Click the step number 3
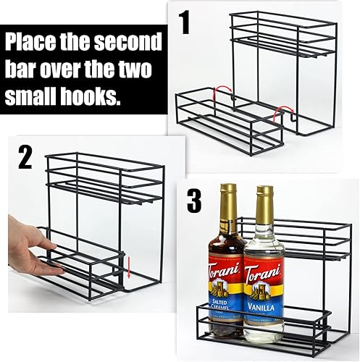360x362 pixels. [194, 201]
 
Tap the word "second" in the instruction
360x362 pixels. [127, 42]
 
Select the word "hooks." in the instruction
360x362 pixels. [93, 97]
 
